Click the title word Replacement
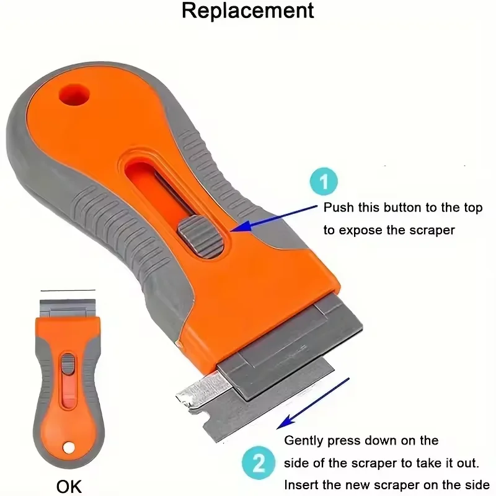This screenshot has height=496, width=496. coord(247,12)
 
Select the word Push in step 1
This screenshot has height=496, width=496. coord(339,208)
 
